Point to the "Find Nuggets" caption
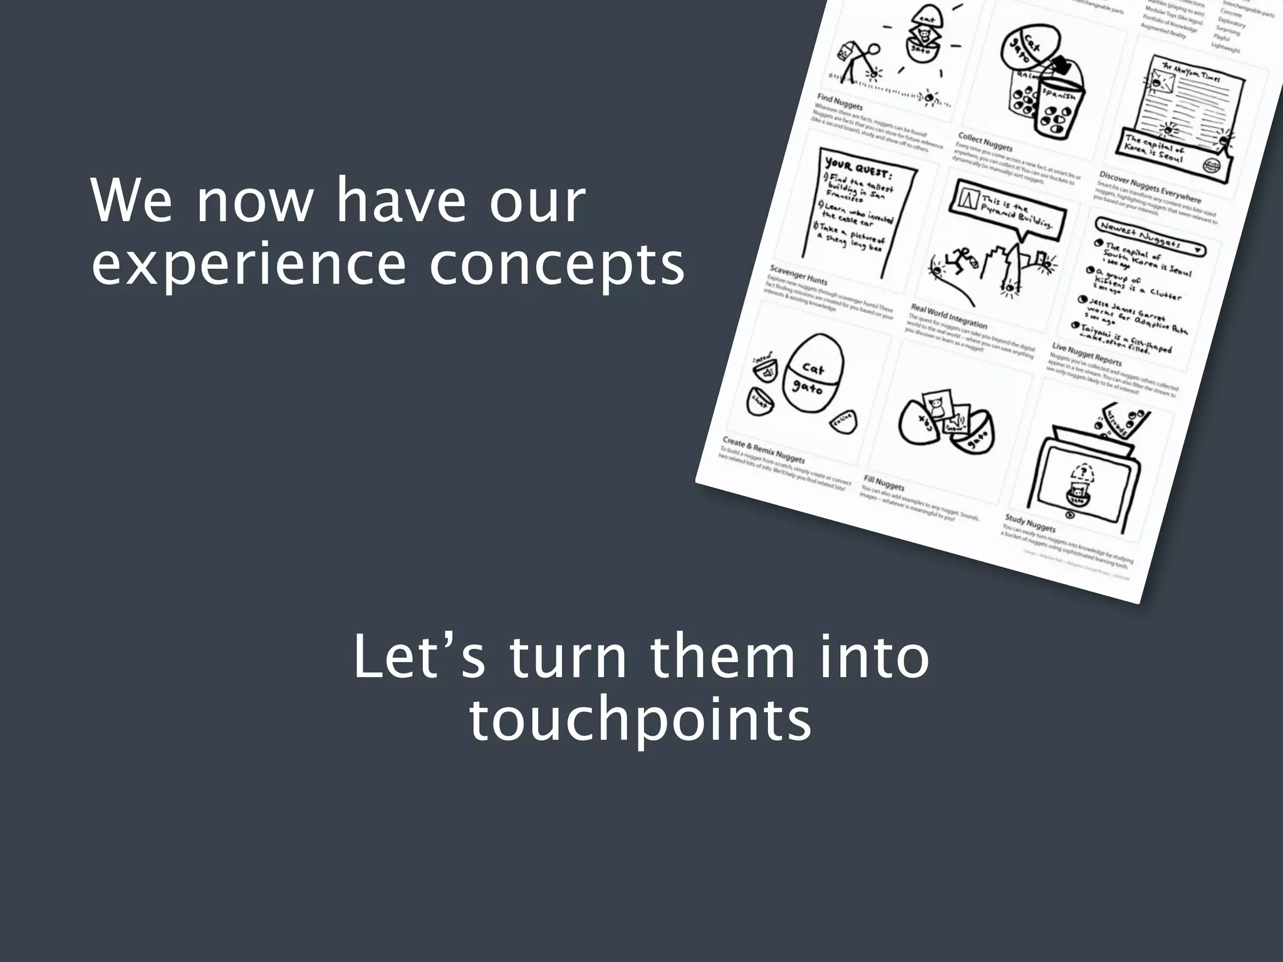839,101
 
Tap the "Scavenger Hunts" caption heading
798,274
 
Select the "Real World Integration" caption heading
948,316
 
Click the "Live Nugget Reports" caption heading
1086,354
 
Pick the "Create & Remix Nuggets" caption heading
763,449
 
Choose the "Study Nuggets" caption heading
1030,522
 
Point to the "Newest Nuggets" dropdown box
1150,236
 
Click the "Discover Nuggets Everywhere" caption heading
1150,187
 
